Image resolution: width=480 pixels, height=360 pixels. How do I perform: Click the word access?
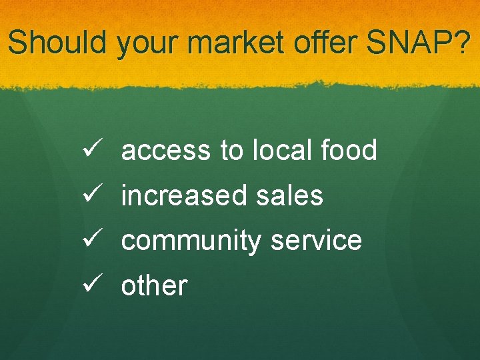(x=165, y=151)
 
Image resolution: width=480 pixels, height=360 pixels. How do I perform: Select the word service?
(x=317, y=240)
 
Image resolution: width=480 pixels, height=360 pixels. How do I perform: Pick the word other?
(x=154, y=285)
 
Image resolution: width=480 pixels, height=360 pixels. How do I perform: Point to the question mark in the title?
(x=461, y=43)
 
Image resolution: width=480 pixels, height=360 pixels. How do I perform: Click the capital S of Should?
(x=18, y=43)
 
